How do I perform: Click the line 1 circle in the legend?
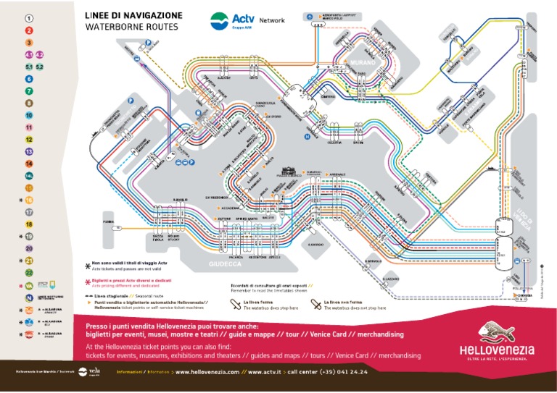click(29, 18)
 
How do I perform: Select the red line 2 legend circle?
click(29, 30)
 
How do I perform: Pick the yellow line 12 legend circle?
click(29, 139)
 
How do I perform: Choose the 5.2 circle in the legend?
click(40, 67)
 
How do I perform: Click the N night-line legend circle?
click(29, 286)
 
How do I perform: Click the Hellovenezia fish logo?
click(500, 334)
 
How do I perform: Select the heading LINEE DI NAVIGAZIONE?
click(134, 15)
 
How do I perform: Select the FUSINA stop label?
click(108, 221)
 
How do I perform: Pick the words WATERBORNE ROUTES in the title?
click(131, 27)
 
